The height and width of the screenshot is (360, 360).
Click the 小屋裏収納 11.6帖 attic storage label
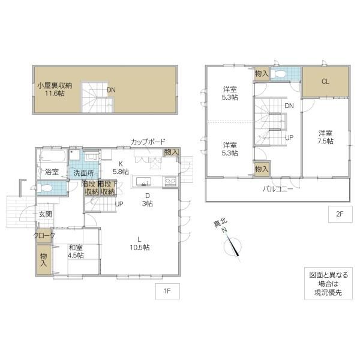pos(55,89)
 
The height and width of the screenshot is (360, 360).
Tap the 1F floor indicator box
pos(167,291)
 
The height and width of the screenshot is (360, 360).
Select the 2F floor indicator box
pos(340,214)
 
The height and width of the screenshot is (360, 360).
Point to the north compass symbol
pos(232,247)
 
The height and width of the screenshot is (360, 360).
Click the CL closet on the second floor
pos(325,82)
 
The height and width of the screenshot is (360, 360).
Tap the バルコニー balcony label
pos(278,189)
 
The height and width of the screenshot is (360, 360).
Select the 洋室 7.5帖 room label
pos(325,137)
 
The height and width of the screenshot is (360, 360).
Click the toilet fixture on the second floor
pos(278,74)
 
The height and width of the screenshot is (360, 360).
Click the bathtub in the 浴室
pos(53,155)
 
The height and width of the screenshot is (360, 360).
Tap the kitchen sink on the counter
pos(143,181)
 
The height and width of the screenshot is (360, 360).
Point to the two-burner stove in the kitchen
pos(170,181)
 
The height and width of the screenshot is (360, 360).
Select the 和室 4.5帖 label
pos(76,251)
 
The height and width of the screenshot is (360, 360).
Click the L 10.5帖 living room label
pos(140,244)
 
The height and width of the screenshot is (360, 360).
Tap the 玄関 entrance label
pos(45,214)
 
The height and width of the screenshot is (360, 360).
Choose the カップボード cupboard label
pos(148,142)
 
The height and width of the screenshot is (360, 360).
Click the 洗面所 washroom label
pos(83,173)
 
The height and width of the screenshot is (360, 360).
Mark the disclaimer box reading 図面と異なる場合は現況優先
pos(328,283)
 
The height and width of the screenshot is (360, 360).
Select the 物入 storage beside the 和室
pos(44,260)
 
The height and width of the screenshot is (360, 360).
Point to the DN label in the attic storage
pos(111,90)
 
